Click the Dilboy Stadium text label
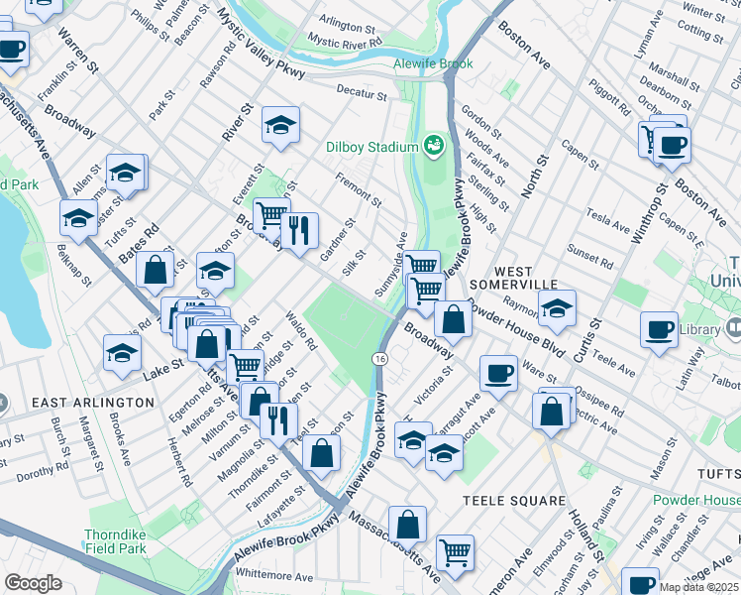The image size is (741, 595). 372,148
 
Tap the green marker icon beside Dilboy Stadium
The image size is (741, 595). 433,147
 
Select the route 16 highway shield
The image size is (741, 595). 380,357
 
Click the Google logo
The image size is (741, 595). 33,583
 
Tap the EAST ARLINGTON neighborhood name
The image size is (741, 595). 93,403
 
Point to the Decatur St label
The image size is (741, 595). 361,95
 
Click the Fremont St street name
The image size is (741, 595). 359,189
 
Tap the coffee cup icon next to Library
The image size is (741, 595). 659,330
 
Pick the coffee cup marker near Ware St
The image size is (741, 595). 498,373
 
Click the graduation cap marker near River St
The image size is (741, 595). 281,125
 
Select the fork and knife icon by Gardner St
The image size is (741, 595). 299,231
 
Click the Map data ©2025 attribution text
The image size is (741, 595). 699,587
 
